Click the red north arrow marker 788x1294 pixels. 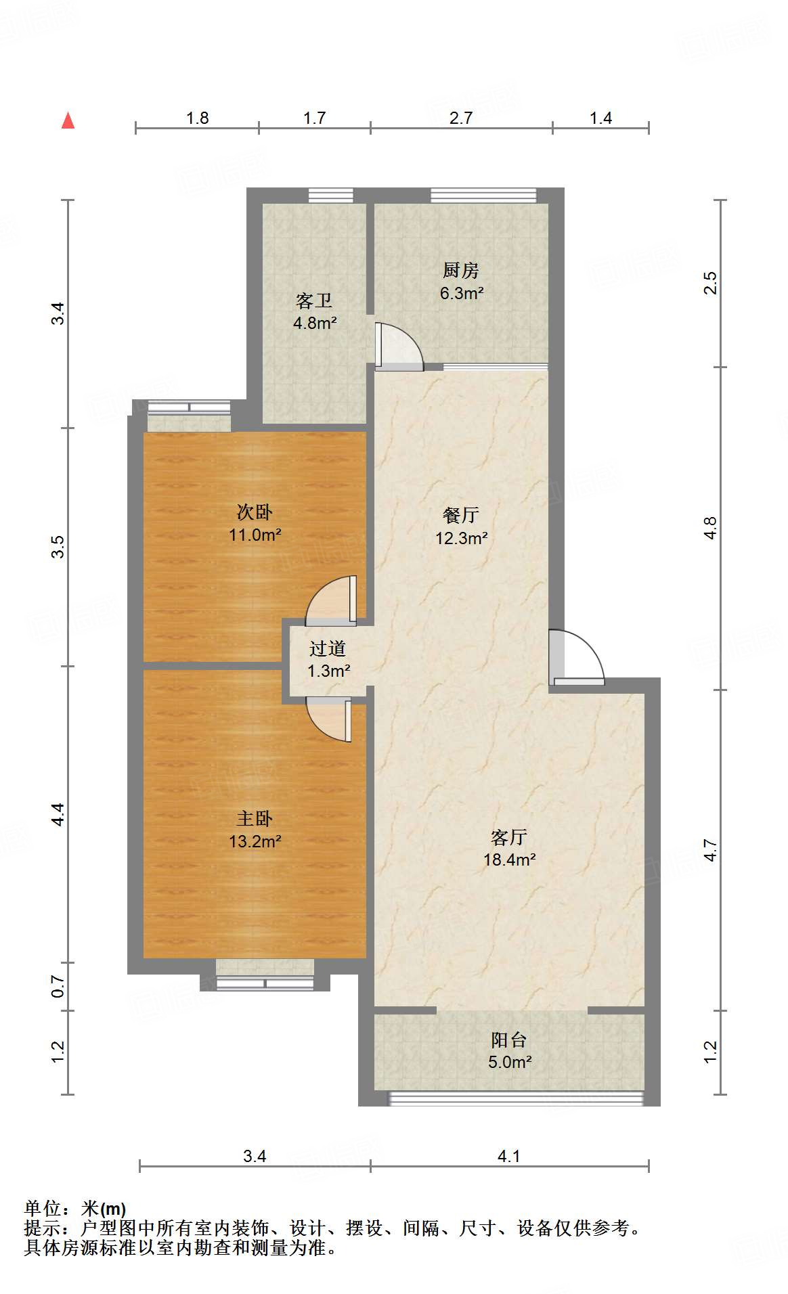pyautogui.click(x=68, y=121)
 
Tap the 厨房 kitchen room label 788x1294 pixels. pyautogui.click(x=461, y=270)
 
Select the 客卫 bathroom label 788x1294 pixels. pyautogui.click(x=314, y=300)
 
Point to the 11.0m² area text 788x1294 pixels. pyautogui.click(x=255, y=535)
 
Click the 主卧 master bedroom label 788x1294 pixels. pyautogui.click(x=255, y=819)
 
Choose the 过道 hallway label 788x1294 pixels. pyautogui.click(x=328, y=648)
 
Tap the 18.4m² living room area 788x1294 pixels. pyautogui.click(x=509, y=860)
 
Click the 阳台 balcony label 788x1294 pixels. pyautogui.click(x=509, y=1040)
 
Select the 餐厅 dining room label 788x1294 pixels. pyautogui.click(x=461, y=515)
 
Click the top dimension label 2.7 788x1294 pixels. pyautogui.click(x=461, y=118)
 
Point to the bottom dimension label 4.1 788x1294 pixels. pyautogui.click(x=508, y=1156)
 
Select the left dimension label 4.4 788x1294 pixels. pyautogui.click(x=58, y=813)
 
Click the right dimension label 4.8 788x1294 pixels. pyautogui.click(x=709, y=528)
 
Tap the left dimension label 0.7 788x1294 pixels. pyautogui.click(x=58, y=986)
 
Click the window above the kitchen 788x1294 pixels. pyautogui.click(x=483, y=196)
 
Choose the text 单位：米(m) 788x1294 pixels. pyautogui.click(x=75, y=1209)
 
